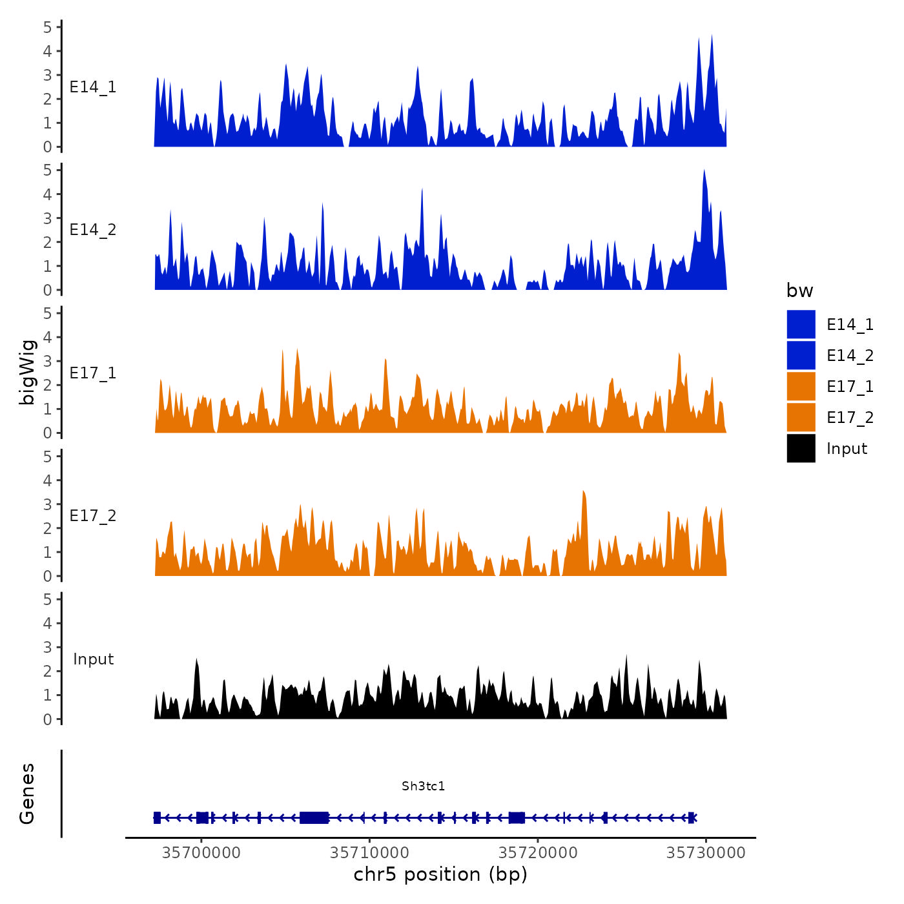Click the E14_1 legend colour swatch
[x=801, y=324]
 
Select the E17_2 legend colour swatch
[x=801, y=417]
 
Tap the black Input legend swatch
[x=801, y=448]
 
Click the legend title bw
[x=799, y=291]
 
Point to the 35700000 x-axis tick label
[x=201, y=853]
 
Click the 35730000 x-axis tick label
[x=706, y=853]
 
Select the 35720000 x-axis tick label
[x=538, y=853]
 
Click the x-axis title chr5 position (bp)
[x=440, y=874]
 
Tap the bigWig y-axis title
[x=27, y=372]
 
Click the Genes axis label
[x=27, y=794]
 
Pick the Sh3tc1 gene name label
[x=423, y=786]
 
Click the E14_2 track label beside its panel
[x=93, y=230]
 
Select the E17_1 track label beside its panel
[x=93, y=373]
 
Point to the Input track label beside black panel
[x=93, y=659]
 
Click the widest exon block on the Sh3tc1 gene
[x=314, y=817]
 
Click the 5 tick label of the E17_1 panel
[x=47, y=313]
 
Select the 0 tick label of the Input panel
[x=47, y=719]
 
